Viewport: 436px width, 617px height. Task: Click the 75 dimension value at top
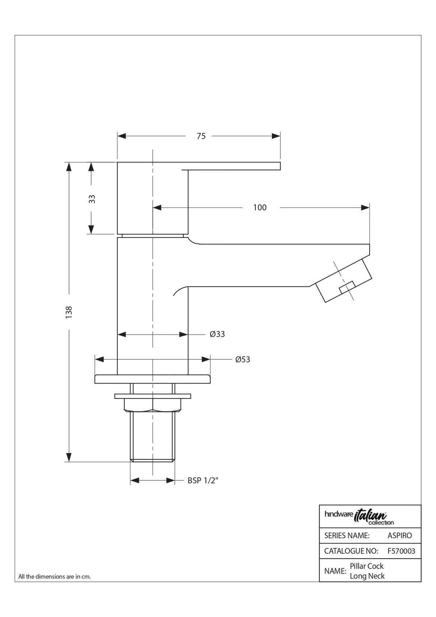click(x=201, y=136)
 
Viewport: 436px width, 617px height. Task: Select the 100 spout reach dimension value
click(x=260, y=207)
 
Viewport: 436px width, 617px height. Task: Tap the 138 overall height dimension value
click(x=69, y=311)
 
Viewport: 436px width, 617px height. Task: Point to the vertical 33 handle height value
click(x=92, y=199)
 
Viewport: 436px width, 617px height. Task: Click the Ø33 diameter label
click(x=217, y=334)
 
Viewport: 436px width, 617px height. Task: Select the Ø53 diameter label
click(x=243, y=359)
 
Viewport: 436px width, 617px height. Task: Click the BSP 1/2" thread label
click(x=203, y=480)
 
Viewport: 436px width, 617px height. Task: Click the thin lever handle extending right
click(x=233, y=166)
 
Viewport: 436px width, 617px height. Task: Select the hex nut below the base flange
click(x=153, y=405)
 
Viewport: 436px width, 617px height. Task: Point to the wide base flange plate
click(x=152, y=379)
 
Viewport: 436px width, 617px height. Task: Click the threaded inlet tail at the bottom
click(x=153, y=437)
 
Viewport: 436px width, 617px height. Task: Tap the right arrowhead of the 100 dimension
click(x=365, y=207)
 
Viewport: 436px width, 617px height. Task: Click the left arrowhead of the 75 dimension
click(x=122, y=136)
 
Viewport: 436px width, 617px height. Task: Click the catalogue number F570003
click(x=401, y=551)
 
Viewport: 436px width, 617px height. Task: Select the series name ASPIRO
click(x=399, y=535)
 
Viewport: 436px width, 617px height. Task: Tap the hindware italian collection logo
click(x=359, y=517)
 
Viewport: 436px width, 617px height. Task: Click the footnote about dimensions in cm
click(x=54, y=576)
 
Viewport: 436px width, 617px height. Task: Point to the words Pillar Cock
click(x=367, y=566)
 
